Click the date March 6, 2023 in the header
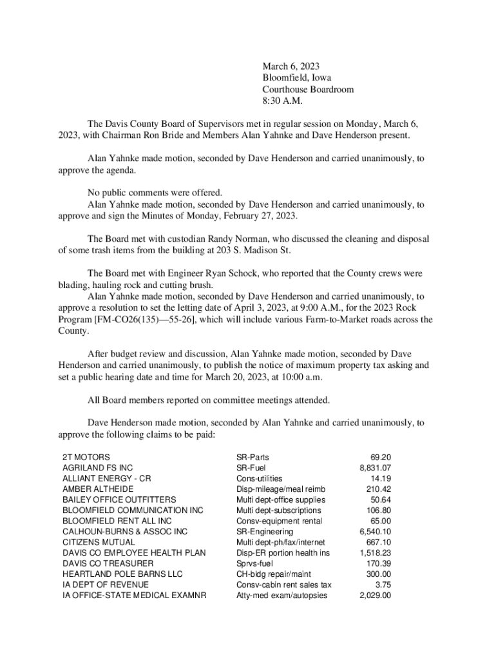pyautogui.click(x=291, y=66)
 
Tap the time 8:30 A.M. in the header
pyautogui.click(x=282, y=101)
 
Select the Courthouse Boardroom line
pyautogui.click(x=308, y=90)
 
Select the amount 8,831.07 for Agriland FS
pyautogui.click(x=376, y=468)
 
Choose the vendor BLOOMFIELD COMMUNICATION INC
pyautogui.click(x=133, y=510)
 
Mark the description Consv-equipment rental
pyautogui.click(x=279, y=521)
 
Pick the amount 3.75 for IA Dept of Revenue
pyautogui.click(x=383, y=585)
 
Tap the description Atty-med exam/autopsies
pyautogui.click(x=281, y=596)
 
